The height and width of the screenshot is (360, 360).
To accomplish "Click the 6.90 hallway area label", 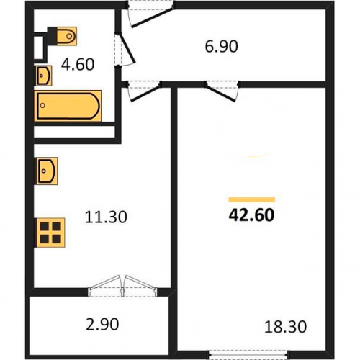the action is click(221, 46).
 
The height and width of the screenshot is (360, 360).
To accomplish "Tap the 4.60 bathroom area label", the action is click(78, 64).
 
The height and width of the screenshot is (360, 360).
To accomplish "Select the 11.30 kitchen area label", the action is click(106, 217).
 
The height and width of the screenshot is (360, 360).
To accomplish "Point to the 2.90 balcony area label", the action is click(102, 324).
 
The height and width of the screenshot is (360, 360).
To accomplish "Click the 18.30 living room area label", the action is click(285, 327).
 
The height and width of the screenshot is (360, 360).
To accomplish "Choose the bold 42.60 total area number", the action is click(251, 215).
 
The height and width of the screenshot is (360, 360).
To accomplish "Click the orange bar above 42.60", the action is click(252, 199).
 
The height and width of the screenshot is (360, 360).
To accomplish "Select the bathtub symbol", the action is click(68, 106).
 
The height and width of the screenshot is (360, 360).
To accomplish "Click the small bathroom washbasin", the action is click(44, 76).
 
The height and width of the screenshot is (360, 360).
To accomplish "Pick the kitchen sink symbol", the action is click(47, 171).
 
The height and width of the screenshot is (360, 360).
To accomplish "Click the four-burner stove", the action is click(50, 233).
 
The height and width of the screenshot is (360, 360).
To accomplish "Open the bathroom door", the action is click(125, 49).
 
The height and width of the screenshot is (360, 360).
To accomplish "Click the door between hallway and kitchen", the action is click(144, 91).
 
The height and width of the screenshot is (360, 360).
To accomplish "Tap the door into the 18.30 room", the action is click(222, 91).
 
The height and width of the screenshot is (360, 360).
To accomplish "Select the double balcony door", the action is click(123, 286).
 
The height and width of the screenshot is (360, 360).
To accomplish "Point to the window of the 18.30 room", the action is click(248, 356).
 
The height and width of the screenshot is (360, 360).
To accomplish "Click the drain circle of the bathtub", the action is click(42, 105).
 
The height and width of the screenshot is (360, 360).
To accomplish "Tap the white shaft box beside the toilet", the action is click(38, 48).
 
